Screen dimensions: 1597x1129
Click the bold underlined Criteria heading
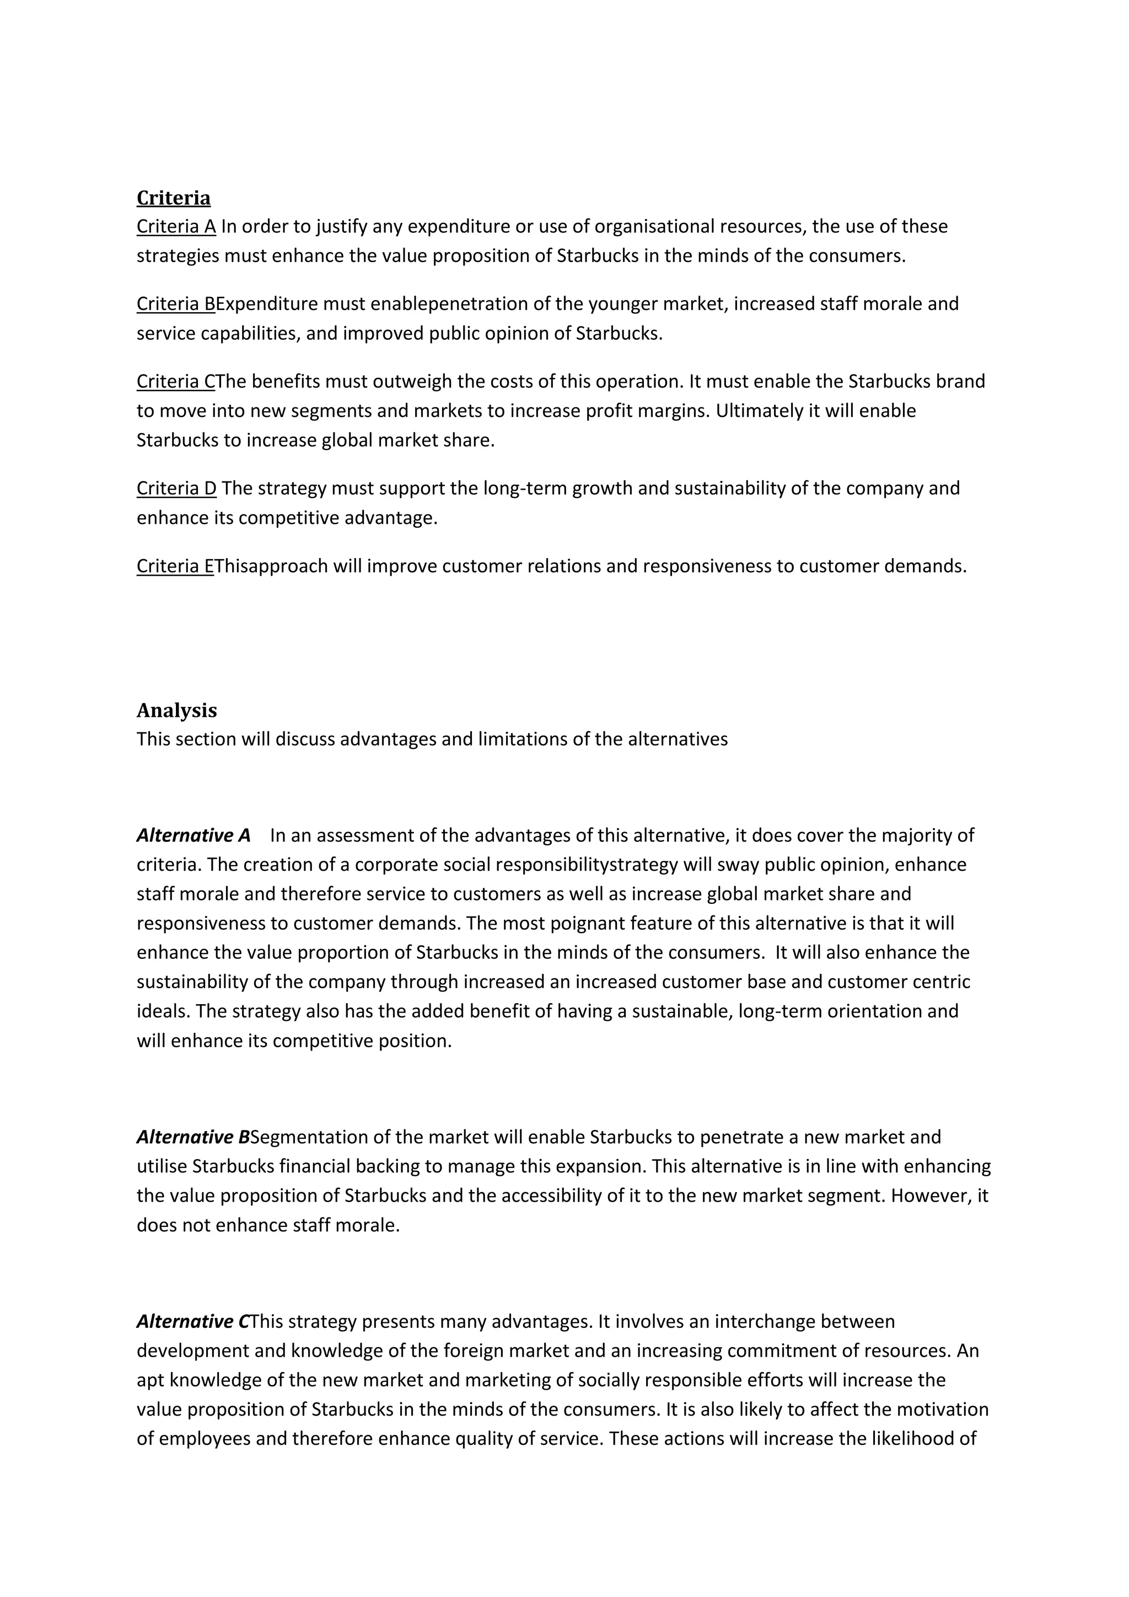click(173, 198)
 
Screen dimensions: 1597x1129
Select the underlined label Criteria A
click(176, 227)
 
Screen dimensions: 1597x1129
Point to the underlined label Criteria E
click(175, 566)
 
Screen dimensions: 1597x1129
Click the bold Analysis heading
click(176, 710)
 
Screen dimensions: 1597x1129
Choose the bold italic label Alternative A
click(193, 835)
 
